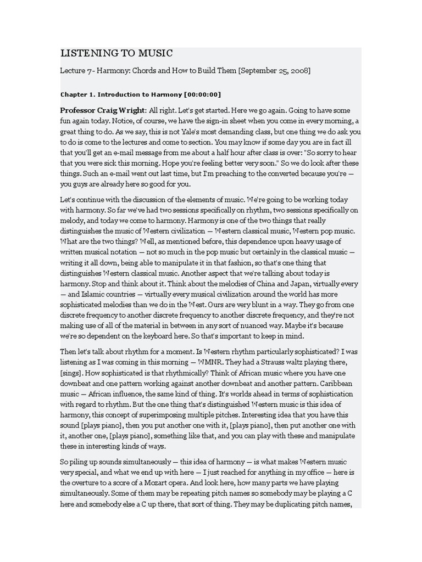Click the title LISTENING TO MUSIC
click(x=116, y=53)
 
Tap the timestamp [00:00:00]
click(x=203, y=94)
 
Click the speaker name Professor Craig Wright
click(x=103, y=110)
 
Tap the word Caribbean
click(x=336, y=384)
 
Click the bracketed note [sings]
click(x=72, y=373)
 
